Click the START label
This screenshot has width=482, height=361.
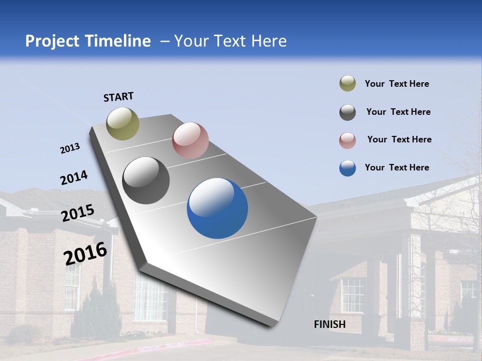click(x=118, y=97)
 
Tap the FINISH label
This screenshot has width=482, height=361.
click(x=329, y=324)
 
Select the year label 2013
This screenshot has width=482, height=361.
click(x=70, y=148)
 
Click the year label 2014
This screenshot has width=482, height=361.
click(x=74, y=177)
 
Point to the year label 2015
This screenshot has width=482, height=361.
click(x=78, y=213)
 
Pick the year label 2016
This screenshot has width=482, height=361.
click(x=85, y=253)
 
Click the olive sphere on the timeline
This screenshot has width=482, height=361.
click(x=123, y=123)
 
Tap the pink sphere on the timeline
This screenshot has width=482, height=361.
click(x=190, y=140)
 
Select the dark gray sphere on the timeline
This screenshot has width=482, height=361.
click(x=146, y=180)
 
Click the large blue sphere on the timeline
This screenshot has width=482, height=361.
click(x=217, y=208)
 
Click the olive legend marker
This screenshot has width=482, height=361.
click(x=347, y=84)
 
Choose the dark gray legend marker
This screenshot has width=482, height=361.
click(x=347, y=112)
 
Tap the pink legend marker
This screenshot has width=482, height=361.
click(x=347, y=140)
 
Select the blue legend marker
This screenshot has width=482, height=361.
click(x=347, y=168)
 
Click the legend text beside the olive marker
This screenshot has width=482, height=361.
click(x=397, y=84)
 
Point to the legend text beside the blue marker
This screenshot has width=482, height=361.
click(x=397, y=167)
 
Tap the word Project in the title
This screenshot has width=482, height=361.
click(x=51, y=41)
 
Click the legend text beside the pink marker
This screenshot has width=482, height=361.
click(x=399, y=139)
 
